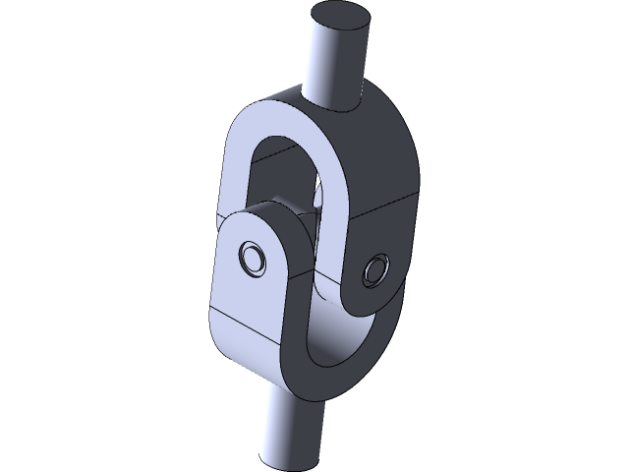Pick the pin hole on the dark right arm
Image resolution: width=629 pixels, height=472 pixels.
tap(375, 270)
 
